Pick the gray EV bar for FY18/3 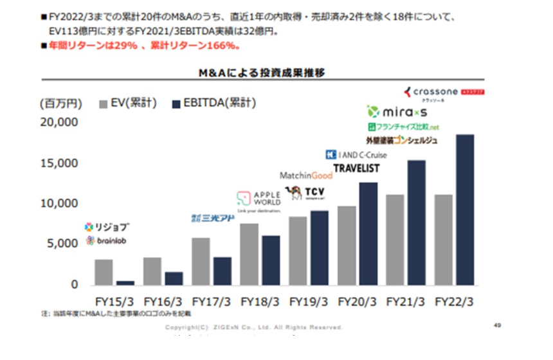click(x=249, y=254)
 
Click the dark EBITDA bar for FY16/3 click(x=174, y=278)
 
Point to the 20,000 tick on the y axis click(x=59, y=122)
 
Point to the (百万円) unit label click(x=61, y=103)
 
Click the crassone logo click(x=443, y=93)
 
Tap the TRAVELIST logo click(x=356, y=168)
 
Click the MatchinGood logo click(x=306, y=175)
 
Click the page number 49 click(x=497, y=325)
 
